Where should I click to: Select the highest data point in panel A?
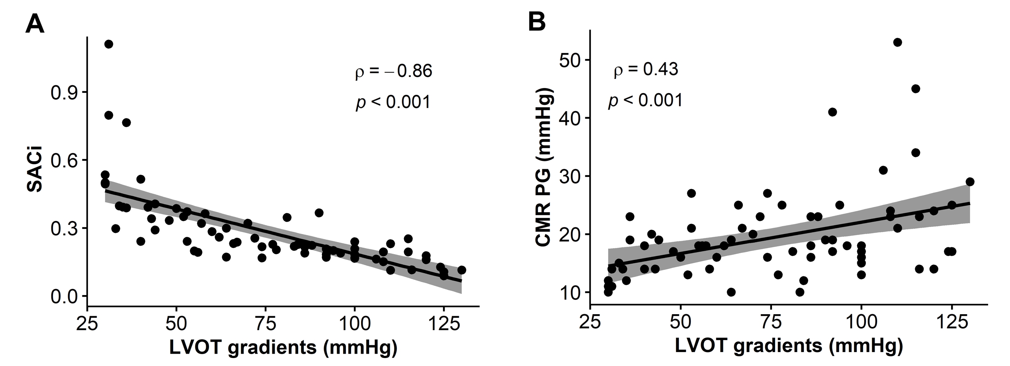(109, 44)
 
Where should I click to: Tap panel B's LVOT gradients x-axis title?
(788, 346)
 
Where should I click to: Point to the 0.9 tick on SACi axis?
(64, 92)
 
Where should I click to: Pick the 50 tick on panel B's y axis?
(570, 60)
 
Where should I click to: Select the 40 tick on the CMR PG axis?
(570, 118)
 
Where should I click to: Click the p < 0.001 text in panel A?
(393, 103)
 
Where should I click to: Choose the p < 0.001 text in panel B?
(645, 100)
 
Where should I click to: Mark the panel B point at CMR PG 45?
(916, 89)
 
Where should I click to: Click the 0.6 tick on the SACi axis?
(64, 160)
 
